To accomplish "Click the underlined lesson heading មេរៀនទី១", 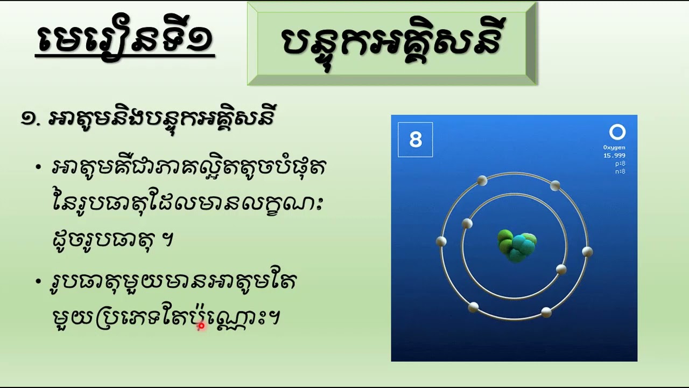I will pyautogui.click(x=124, y=39).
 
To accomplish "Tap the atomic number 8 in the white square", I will pyautogui.click(x=415, y=140).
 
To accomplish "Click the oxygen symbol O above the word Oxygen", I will pyautogui.click(x=617, y=133).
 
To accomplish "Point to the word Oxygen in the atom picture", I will pyautogui.click(x=614, y=147).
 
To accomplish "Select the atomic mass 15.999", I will pyautogui.click(x=614, y=155).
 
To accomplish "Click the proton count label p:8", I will pyautogui.click(x=620, y=163).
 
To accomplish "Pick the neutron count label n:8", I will pyautogui.click(x=620, y=171).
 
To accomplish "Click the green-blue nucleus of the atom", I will pyautogui.click(x=516, y=246).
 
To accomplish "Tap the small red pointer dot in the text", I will pyautogui.click(x=201, y=325).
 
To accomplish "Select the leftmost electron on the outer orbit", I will pyautogui.click(x=441, y=241).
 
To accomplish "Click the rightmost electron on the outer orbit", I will pyautogui.click(x=587, y=251).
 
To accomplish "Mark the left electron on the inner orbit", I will pyautogui.click(x=467, y=223).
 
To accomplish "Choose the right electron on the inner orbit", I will pyautogui.click(x=561, y=269).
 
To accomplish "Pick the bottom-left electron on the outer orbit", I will pyautogui.click(x=473, y=307).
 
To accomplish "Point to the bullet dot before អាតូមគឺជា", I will pyautogui.click(x=38, y=167).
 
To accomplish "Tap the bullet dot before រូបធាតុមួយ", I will pyautogui.click(x=38, y=281).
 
